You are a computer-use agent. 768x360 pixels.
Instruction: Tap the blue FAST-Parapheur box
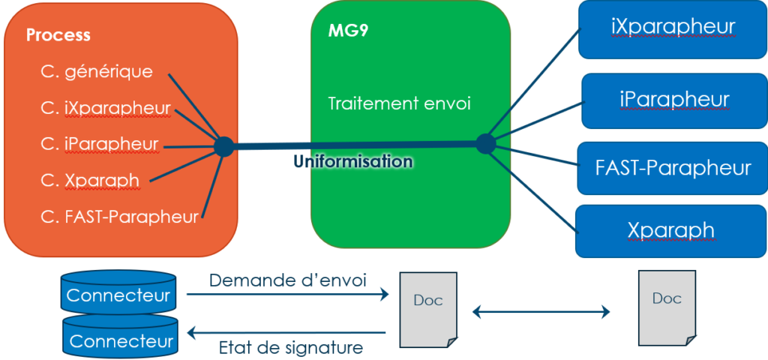[672, 167]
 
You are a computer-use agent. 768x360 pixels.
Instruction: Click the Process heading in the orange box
[58, 35]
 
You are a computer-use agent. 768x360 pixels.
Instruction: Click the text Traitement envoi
[399, 103]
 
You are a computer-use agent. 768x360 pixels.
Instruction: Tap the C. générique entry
[97, 71]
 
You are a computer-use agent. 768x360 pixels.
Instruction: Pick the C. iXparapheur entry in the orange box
[106, 107]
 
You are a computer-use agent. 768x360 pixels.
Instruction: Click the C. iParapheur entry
[100, 143]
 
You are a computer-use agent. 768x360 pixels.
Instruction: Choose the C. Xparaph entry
[91, 180]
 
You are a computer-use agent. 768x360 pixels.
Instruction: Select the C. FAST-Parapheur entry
[120, 217]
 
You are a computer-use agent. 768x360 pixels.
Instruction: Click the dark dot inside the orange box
[223, 146]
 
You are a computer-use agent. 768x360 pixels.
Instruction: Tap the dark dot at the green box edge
[485, 143]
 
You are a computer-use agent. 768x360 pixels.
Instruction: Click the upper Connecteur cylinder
[118, 293]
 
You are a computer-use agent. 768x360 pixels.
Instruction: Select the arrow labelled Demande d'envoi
[286, 295]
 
